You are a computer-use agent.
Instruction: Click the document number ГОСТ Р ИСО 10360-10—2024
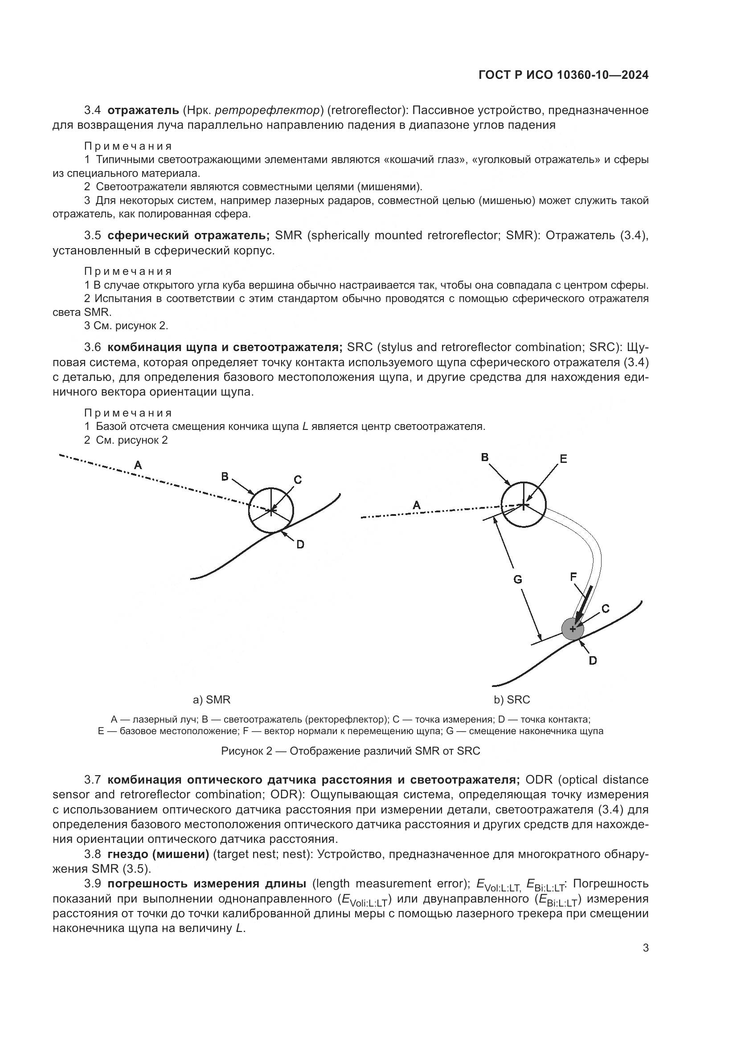point(563,75)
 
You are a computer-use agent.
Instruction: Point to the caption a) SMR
point(212,699)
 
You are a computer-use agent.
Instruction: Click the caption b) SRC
point(512,699)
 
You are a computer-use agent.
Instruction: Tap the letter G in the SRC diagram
point(517,579)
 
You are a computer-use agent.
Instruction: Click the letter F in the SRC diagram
point(573,576)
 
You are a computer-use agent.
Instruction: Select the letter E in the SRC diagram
point(563,459)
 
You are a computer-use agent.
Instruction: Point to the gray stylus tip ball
point(573,629)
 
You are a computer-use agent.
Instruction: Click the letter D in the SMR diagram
point(300,544)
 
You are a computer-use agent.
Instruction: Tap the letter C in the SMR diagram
point(298,479)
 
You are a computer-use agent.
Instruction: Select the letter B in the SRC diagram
point(485,457)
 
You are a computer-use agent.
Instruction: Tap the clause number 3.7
point(93,780)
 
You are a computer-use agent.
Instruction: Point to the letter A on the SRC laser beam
point(416,505)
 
